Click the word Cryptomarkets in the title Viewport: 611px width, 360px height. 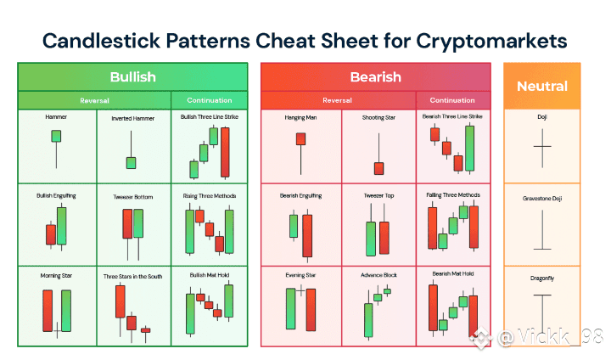tap(491, 42)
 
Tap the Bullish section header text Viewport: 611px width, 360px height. tap(133, 76)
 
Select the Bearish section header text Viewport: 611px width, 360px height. tap(376, 76)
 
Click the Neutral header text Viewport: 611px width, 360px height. tap(542, 87)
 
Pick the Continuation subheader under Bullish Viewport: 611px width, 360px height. tap(210, 100)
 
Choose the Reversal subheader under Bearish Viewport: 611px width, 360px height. tap(337, 100)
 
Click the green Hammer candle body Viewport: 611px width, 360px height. tap(56, 136)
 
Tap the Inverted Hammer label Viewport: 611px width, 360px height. tap(133, 118)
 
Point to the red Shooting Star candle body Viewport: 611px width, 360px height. tap(378, 168)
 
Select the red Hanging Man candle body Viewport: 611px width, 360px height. tap(300, 139)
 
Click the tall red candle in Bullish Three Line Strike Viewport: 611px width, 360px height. tap(225, 152)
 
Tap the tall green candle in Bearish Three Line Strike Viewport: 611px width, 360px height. tap(470, 149)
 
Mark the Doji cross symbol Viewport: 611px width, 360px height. tap(542, 148)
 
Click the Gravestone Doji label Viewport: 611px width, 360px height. tap(542, 199)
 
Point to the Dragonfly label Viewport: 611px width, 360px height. tap(542, 278)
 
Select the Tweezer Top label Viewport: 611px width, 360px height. tap(378, 195)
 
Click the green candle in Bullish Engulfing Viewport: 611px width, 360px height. tap(62, 226)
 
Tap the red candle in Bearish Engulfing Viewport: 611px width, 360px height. tap(307, 235)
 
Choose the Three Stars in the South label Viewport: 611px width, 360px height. tap(133, 276)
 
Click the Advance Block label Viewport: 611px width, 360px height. tap(378, 275)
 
